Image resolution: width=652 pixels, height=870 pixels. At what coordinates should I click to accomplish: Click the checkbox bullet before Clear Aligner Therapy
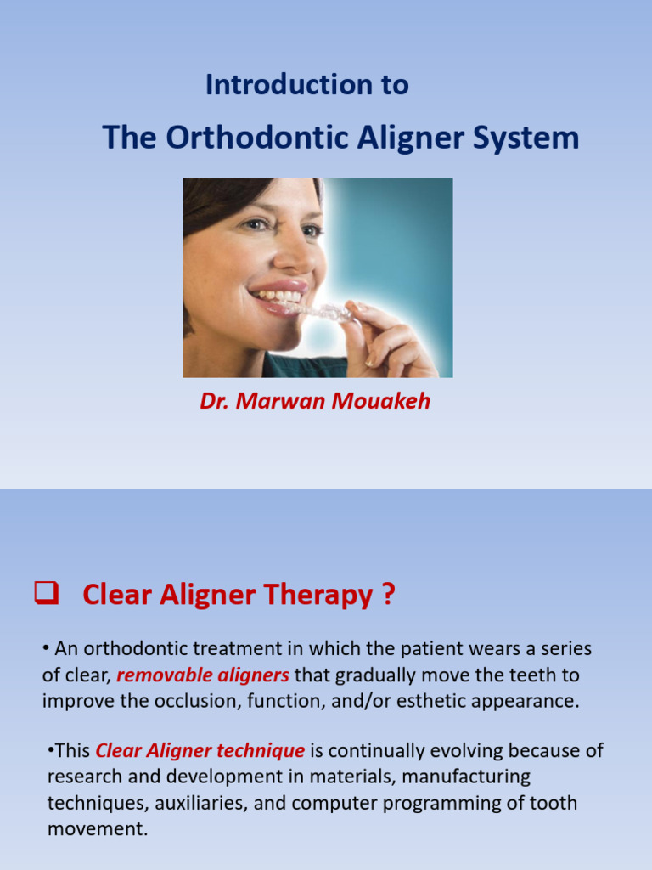45,594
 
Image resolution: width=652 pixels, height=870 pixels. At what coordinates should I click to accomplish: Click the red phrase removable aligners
203,675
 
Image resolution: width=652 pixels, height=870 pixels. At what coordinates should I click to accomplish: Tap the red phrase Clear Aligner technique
200,750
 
